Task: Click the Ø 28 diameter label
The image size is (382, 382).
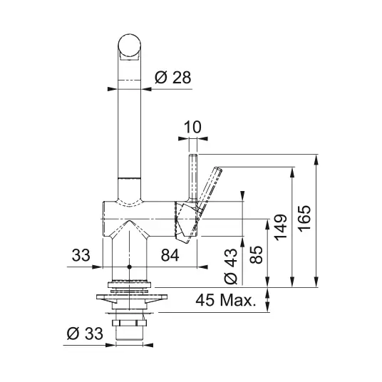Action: pyautogui.click(x=173, y=78)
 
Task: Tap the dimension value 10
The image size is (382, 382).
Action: pyautogui.click(x=192, y=127)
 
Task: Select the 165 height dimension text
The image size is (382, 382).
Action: pyautogui.click(x=304, y=220)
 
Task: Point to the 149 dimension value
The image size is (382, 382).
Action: pyautogui.click(x=281, y=227)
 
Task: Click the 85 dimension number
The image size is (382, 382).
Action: pyautogui.click(x=256, y=255)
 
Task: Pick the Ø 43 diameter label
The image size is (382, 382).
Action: pyautogui.click(x=230, y=267)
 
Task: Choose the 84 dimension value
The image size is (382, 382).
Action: pyautogui.click(x=170, y=255)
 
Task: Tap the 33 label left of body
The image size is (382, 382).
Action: pyautogui.click(x=81, y=255)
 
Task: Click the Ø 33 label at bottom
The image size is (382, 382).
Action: pyautogui.click(x=85, y=334)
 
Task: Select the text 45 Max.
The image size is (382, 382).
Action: pyautogui.click(x=226, y=300)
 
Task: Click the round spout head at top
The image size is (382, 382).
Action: pyautogui.click(x=130, y=46)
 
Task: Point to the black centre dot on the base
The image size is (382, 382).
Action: pyautogui.click(x=130, y=267)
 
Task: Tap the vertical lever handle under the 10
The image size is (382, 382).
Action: pyautogui.click(x=192, y=179)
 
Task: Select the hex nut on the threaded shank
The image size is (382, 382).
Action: pyautogui.click(x=129, y=323)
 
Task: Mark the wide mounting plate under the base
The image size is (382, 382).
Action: pyautogui.click(x=132, y=297)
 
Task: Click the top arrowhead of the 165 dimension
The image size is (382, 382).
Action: pyautogui.click(x=316, y=160)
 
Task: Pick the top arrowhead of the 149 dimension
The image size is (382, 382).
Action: pyautogui.click(x=293, y=172)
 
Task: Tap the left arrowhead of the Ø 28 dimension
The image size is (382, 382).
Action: pyautogui.click(x=113, y=89)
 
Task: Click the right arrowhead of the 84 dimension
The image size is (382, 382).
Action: pyautogui.click(x=202, y=267)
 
